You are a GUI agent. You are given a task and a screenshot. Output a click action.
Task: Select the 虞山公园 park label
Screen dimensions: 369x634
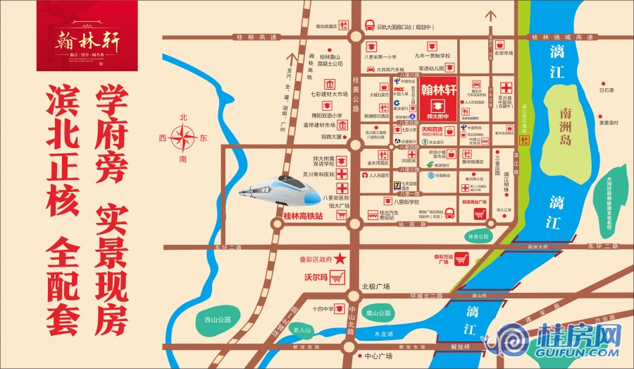pyautogui.click(x=378, y=313)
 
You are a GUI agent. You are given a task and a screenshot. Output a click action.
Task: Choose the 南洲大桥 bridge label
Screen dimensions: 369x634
pyautogui.click(x=537, y=247)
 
